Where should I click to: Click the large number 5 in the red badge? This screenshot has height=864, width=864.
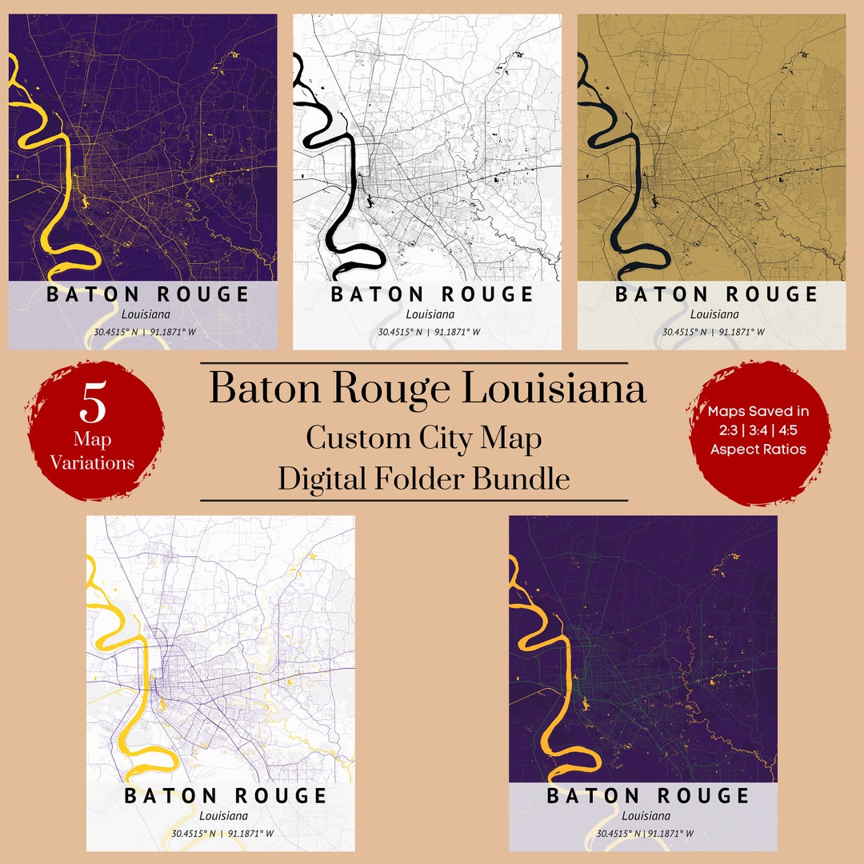point(93,404)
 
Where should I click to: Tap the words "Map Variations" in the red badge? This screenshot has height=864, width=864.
point(92,451)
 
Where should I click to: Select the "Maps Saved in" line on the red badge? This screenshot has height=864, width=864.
point(758,411)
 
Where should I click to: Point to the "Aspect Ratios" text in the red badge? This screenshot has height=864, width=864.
point(758,449)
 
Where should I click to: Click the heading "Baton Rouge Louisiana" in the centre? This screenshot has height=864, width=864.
point(427,390)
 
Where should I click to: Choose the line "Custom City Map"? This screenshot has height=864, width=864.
point(423,438)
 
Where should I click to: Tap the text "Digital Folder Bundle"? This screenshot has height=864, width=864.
point(423,478)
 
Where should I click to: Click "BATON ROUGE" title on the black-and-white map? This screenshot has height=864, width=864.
point(432,294)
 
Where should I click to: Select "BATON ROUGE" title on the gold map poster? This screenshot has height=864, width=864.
point(717,294)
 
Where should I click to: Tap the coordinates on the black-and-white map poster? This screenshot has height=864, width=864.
point(430,332)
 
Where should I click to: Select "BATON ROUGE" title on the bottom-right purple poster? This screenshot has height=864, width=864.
point(648,796)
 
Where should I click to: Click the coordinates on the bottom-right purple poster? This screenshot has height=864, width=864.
point(645,834)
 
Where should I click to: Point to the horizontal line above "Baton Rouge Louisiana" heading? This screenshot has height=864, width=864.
point(414,364)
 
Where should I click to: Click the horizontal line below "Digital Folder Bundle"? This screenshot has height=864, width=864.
point(414,501)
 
